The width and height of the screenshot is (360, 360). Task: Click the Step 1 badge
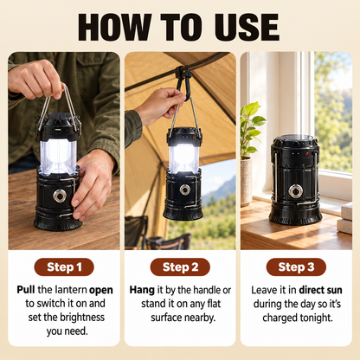pos(64,267)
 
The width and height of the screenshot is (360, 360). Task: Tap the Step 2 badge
pos(180,267)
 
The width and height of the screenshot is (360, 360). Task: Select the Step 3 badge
pos(296,267)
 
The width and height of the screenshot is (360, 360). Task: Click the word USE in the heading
pos(247,27)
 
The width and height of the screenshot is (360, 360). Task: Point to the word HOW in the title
pos(114,27)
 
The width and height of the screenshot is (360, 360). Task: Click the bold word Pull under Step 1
pos(26,290)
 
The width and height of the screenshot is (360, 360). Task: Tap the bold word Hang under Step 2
pos(142,290)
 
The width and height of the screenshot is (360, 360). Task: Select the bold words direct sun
pos(320,290)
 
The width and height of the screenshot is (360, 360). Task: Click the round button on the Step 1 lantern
pos(60,196)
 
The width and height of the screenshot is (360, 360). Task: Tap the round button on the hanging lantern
pos(184,190)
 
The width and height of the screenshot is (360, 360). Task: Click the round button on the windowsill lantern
pos(296,191)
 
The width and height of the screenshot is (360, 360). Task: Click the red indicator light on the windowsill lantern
pos(307,153)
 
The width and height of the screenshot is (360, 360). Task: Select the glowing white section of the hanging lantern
pos(183,158)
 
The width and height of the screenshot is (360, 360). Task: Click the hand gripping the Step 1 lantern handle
pos(35,80)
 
